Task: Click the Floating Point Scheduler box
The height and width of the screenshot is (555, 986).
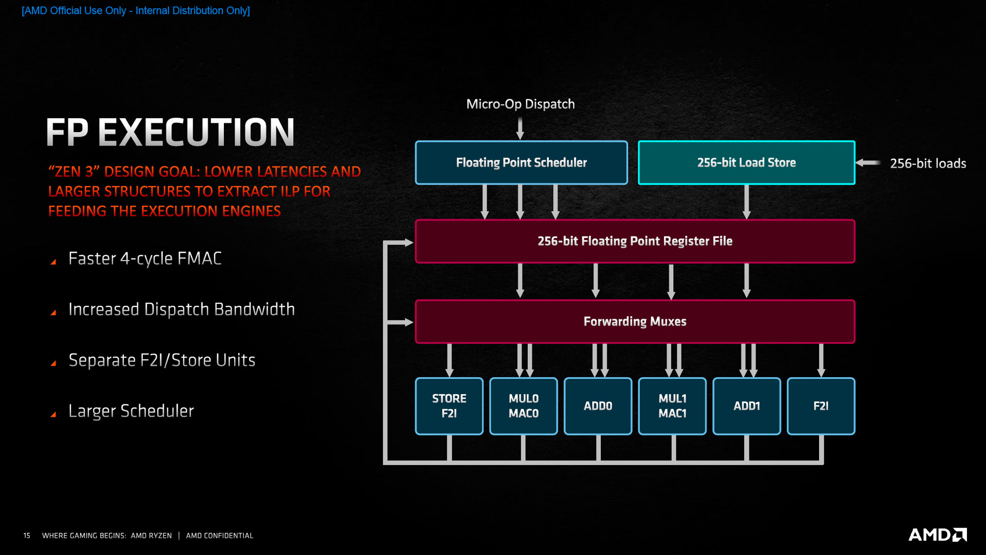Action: (x=521, y=162)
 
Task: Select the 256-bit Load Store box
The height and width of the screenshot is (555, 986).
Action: (x=746, y=162)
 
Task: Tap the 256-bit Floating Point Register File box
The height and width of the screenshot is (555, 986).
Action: (x=635, y=241)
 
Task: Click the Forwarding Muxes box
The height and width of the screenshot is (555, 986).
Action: (x=635, y=321)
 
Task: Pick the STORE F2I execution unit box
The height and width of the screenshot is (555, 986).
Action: (x=449, y=406)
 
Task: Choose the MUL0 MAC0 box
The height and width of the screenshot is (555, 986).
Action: (x=523, y=406)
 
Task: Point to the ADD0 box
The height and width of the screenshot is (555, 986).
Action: (x=598, y=406)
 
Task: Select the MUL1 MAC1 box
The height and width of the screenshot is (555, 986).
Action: (x=672, y=406)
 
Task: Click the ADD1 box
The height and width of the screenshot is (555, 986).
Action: (x=747, y=406)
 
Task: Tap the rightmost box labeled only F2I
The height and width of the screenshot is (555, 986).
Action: (x=821, y=406)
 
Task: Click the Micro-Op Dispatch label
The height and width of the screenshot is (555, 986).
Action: (x=520, y=104)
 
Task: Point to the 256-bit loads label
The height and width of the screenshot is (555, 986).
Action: (x=927, y=163)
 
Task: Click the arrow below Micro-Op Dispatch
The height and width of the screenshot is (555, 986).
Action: (x=520, y=128)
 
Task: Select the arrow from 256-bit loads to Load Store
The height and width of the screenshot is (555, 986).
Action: (x=868, y=163)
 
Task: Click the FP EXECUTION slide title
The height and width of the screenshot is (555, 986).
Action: (x=170, y=132)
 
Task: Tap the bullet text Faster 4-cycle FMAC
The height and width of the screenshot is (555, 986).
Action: (x=145, y=258)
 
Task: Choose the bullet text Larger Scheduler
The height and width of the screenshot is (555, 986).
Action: (x=131, y=411)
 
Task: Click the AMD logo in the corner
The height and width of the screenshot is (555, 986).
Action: (x=937, y=534)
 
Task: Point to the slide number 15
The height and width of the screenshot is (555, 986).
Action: (x=27, y=535)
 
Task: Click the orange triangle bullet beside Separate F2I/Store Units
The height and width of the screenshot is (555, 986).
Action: (x=53, y=363)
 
